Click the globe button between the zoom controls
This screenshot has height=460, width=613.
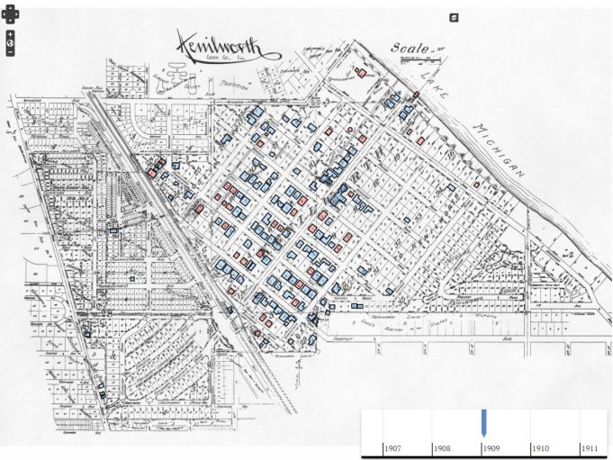[10, 42]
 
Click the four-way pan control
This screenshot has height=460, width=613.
[10, 14]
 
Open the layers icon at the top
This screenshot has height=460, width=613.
[455, 17]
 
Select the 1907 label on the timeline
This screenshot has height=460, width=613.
[393, 447]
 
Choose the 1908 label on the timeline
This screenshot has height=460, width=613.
[442, 447]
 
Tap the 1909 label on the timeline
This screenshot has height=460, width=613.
[491, 447]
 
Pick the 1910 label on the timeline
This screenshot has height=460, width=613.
[540, 447]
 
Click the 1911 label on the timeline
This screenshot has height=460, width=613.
[589, 447]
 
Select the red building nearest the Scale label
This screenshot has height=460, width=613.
[362, 73]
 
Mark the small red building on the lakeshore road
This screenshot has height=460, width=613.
[416, 95]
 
